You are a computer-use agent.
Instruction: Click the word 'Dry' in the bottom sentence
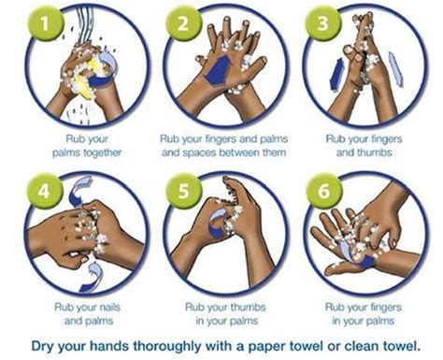pos(38,343)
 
